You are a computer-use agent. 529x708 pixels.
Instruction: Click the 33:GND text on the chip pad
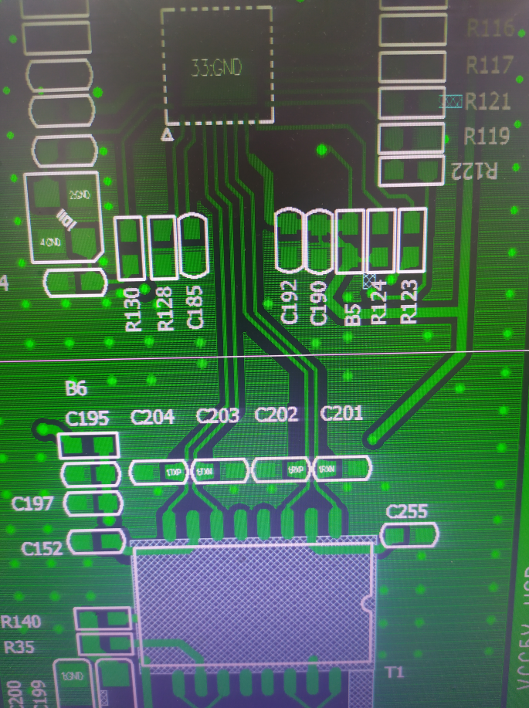(x=216, y=68)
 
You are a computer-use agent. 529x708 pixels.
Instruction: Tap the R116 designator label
(x=490, y=29)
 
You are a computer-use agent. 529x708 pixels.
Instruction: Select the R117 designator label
(x=490, y=65)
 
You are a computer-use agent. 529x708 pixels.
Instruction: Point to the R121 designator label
(x=488, y=101)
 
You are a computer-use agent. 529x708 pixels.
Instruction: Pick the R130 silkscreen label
(x=133, y=309)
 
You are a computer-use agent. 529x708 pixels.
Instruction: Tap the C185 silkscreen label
(x=195, y=307)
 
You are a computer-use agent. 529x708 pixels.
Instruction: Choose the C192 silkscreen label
(x=290, y=302)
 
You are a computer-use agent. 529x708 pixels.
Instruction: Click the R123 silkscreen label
(x=409, y=301)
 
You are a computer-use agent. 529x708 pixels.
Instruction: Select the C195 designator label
(x=87, y=418)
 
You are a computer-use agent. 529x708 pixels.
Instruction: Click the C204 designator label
(x=152, y=417)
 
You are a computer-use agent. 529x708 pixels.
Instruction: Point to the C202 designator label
(x=276, y=414)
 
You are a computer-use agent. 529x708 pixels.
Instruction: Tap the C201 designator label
(x=341, y=412)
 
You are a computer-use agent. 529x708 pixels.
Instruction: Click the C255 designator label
(x=407, y=510)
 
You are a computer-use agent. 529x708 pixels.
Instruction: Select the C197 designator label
(x=33, y=504)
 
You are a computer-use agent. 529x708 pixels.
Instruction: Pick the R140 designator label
(x=22, y=622)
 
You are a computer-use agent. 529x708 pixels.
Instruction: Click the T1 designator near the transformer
(x=394, y=672)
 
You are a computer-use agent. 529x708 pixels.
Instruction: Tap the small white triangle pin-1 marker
(x=166, y=135)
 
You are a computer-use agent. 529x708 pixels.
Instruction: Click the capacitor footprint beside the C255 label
(x=410, y=534)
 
